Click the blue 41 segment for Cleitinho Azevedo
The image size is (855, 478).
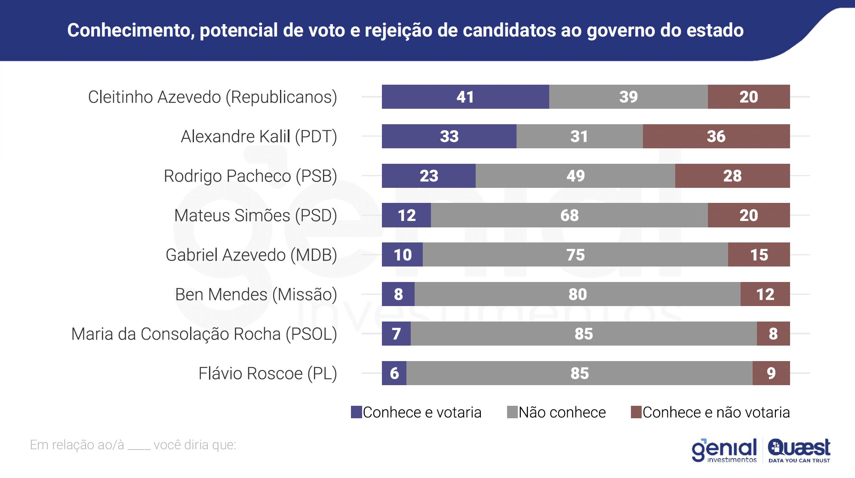pos(465,97)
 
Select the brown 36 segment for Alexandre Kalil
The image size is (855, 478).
pos(716,136)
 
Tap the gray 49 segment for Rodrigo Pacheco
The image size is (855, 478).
pos(575,176)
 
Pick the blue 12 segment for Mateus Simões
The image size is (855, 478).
pos(406,215)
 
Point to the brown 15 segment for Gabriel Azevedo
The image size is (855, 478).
pos(759,255)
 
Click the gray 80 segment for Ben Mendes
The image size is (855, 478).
pos(577,294)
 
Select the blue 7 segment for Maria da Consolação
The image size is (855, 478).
pos(396,334)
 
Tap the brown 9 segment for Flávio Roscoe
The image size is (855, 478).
pos(771,373)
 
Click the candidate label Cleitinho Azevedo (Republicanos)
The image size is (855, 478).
pos(212,97)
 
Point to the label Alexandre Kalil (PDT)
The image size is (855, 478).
pos(259,137)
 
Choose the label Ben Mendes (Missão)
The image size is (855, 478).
pos(256,295)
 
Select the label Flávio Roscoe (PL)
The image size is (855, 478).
pos(268,374)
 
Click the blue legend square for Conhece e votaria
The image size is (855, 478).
pos(357,412)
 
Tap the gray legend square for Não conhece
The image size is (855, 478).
pos(512,412)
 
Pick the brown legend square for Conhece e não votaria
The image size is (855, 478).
pos(636,412)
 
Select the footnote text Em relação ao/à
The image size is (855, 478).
pos(77,445)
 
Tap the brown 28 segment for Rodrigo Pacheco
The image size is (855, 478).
pos(732,176)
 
